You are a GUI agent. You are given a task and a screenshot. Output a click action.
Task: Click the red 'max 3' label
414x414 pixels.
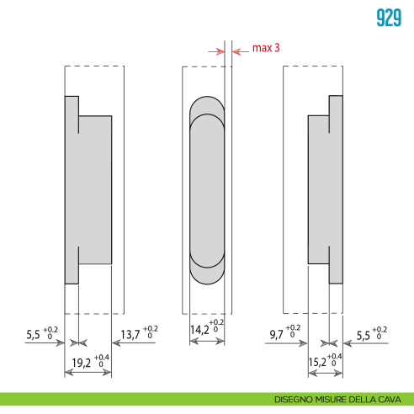click(x=266, y=49)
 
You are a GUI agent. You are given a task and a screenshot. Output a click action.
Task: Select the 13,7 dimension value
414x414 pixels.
click(x=130, y=335)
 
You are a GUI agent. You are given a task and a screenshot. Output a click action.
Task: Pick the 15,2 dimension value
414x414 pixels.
click(x=316, y=364)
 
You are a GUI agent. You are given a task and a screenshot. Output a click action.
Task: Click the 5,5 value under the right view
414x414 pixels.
click(x=364, y=334)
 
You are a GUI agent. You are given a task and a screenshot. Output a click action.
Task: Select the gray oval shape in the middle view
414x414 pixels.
click(x=207, y=189)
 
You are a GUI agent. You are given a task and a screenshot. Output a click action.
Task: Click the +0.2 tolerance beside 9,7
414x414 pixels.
click(x=292, y=329)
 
